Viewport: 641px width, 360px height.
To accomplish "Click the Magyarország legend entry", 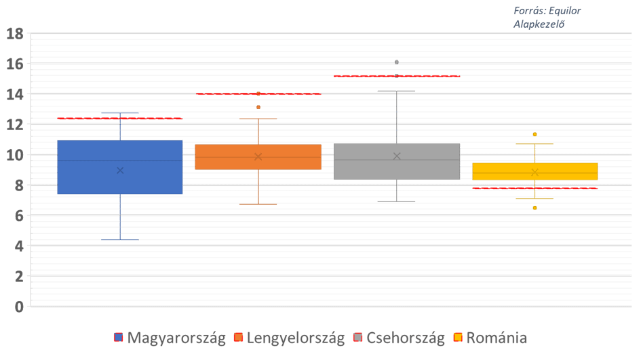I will pyautogui.click(x=170, y=338).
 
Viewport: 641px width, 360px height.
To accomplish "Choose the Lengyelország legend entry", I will pyautogui.click(x=289, y=338).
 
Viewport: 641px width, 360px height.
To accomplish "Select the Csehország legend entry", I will pyautogui.click(x=400, y=338).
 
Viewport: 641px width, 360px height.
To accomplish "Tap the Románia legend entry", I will pyautogui.click(x=490, y=338).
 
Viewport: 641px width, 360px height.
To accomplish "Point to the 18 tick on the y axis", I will pyautogui.click(x=15, y=33).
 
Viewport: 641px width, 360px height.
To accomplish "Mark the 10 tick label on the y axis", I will pyautogui.click(x=15, y=155).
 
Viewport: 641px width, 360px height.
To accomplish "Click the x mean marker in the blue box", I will pyautogui.click(x=120, y=170).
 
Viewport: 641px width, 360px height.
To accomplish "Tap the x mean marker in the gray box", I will pyautogui.click(x=397, y=156).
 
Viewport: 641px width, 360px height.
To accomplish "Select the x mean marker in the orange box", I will pyautogui.click(x=258, y=157).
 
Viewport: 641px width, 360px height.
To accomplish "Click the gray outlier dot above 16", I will pyautogui.click(x=397, y=62).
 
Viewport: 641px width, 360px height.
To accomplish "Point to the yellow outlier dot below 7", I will pyautogui.click(x=535, y=207).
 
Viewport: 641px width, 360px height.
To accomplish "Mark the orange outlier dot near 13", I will pyautogui.click(x=258, y=107).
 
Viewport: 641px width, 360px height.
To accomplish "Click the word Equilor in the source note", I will pyautogui.click(x=566, y=10).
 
